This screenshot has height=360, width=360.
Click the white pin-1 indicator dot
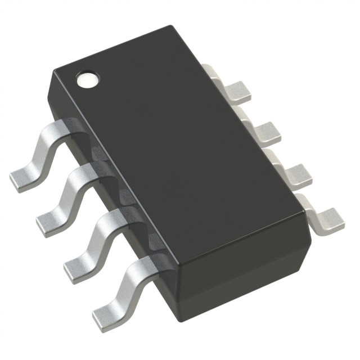tap(87, 79)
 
